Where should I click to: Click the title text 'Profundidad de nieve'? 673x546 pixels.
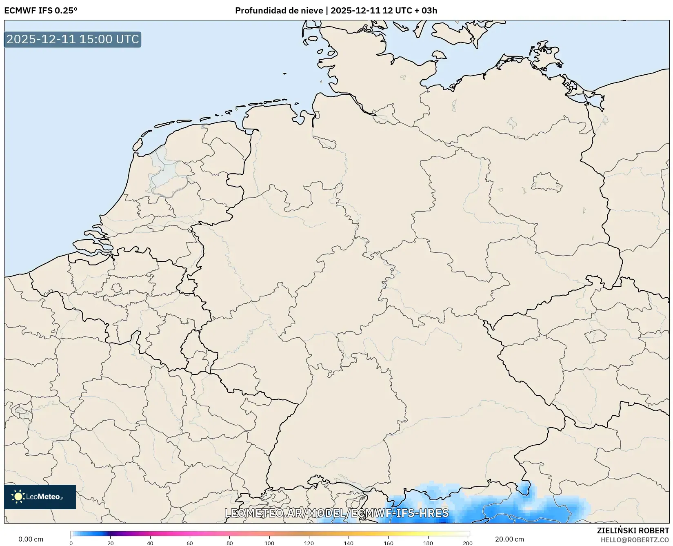[x=279, y=11]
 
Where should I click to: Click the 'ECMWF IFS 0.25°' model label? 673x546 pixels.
[x=41, y=11]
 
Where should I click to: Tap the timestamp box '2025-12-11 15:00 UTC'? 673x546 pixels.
[x=73, y=39]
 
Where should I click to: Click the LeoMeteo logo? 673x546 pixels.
[x=40, y=497]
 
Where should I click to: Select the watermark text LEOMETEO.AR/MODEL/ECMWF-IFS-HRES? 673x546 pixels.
[x=337, y=513]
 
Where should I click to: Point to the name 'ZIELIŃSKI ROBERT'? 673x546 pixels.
[x=633, y=530]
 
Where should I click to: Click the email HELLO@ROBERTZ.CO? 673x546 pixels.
[x=635, y=540]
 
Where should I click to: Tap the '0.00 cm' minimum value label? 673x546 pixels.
[x=31, y=539]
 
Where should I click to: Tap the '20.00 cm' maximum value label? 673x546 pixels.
[x=509, y=539]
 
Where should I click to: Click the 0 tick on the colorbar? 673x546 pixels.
[x=71, y=543]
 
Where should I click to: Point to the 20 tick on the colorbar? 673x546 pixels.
[x=111, y=543]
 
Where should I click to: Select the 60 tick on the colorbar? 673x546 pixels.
[x=190, y=543]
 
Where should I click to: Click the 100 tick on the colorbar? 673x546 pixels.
[x=269, y=543]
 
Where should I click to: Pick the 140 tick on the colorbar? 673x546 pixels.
[x=349, y=543]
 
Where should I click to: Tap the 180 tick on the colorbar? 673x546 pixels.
[x=428, y=543]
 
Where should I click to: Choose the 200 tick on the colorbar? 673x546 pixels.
[x=468, y=543]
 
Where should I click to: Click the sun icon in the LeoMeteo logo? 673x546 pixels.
[x=18, y=497]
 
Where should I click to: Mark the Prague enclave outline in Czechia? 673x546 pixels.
[x=595, y=337]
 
